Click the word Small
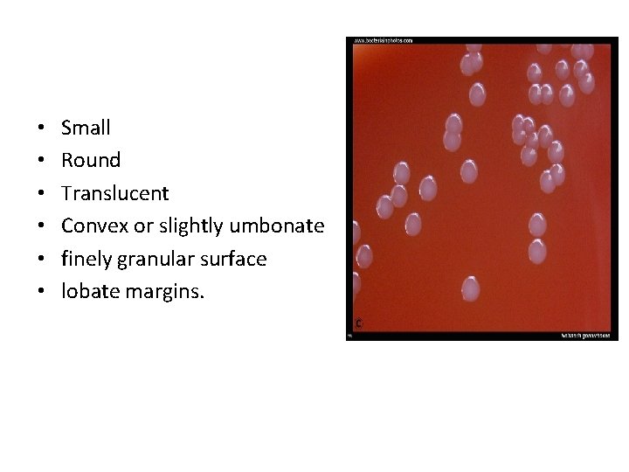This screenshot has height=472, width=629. click(x=86, y=128)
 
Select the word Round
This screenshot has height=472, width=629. click(x=91, y=161)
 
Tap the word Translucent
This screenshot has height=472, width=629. click(x=110, y=193)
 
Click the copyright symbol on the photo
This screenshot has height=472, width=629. click(x=357, y=323)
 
